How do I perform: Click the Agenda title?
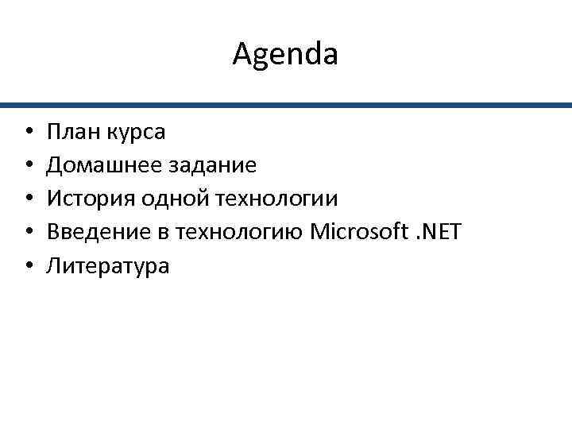point(286,55)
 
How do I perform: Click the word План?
point(72,131)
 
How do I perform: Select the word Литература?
point(108,266)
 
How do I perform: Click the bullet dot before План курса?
point(27,132)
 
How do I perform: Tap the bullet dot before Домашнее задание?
point(27,165)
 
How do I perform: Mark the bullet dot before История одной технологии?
point(27,199)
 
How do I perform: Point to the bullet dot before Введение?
point(27,232)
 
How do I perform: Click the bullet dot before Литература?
point(27,266)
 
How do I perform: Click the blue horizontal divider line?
point(286,105)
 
